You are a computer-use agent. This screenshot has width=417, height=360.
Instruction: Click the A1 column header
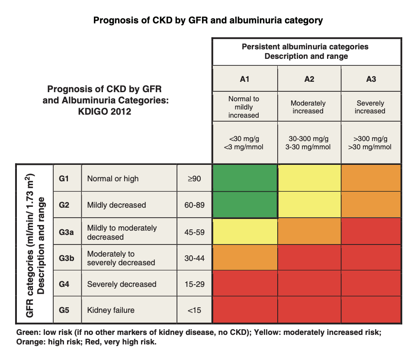244,79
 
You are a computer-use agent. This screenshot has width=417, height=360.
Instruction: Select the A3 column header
371,79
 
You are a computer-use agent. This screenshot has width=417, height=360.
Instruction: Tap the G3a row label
67,232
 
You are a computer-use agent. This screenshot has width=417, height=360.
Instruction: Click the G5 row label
64,310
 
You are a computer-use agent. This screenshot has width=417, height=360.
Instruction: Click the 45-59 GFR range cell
194,232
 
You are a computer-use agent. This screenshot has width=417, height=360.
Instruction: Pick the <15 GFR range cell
194,310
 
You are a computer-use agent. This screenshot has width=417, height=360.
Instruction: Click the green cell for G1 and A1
244,178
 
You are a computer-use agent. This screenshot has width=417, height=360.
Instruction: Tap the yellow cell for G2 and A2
309,204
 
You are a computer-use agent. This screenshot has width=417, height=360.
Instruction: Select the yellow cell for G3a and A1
244,231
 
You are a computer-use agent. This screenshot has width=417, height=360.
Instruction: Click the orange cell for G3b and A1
244,257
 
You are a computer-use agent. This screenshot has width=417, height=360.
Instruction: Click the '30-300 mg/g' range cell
309,139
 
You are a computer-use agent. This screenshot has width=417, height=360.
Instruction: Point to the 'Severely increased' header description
370,107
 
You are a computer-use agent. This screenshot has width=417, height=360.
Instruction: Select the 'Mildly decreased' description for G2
117,205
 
